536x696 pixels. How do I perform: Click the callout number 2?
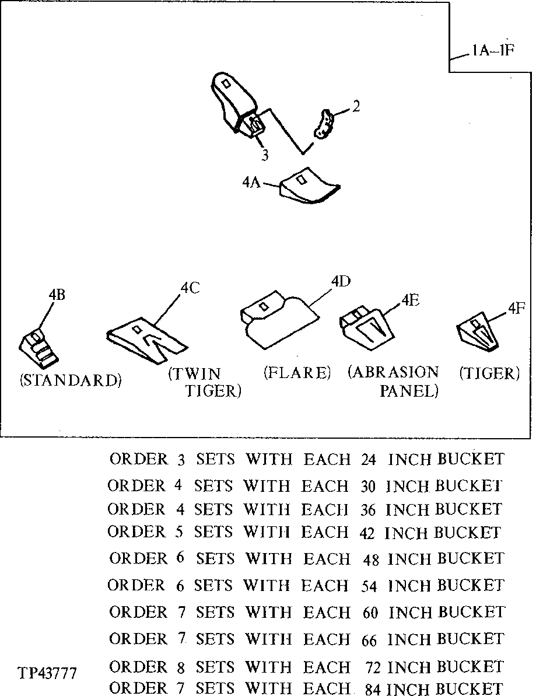coord(356,107)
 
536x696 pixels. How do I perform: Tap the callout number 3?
coord(265,155)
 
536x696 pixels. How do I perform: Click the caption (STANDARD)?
coord(71,380)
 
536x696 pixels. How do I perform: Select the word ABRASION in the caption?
coord(393,373)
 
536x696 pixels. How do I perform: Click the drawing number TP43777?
coord(47,673)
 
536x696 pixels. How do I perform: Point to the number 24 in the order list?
coord(368,460)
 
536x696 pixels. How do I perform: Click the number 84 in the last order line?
coord(374,688)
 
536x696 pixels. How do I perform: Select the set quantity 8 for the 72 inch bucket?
coord(180,666)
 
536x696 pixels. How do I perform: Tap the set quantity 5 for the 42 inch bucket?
coord(180,532)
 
